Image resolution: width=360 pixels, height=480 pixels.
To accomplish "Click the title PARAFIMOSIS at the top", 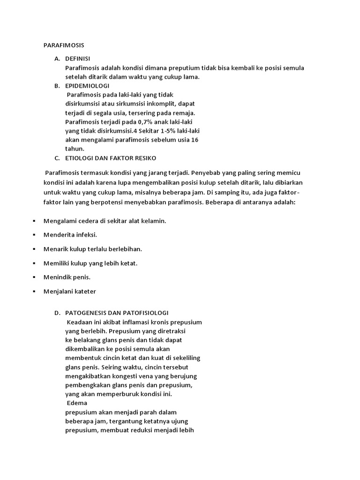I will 63,45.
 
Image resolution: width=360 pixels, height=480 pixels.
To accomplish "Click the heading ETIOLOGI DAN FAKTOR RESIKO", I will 111,157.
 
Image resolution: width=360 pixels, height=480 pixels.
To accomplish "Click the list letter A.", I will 57,59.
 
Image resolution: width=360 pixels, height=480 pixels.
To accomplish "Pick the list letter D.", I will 57,313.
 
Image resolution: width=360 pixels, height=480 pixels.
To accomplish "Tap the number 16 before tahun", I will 195,140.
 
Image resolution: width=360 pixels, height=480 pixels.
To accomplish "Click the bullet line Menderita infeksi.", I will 70,234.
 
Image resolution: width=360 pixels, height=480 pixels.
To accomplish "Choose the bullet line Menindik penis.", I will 67,277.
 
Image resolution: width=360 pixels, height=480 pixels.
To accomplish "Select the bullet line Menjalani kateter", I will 69,291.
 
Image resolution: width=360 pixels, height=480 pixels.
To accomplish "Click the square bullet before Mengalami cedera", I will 34,220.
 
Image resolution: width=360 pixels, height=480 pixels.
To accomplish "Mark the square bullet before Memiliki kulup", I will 34,263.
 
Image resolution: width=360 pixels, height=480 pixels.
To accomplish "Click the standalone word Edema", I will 77,403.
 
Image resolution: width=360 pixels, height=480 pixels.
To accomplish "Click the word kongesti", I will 129,376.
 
